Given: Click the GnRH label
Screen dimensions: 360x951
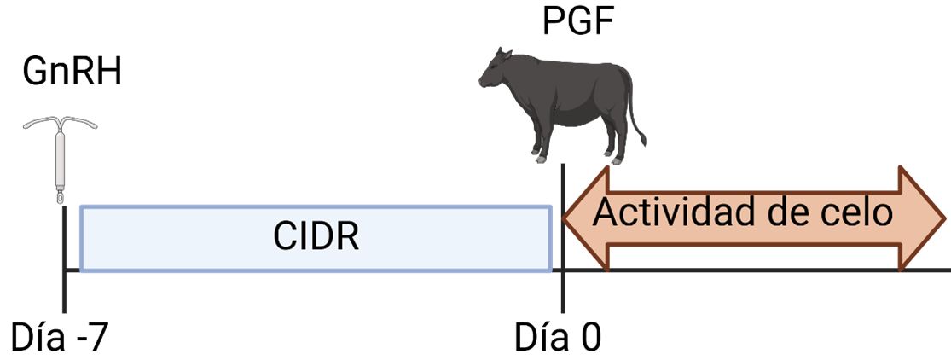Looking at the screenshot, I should point(72,72).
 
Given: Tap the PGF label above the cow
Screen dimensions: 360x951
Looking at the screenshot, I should point(577,22).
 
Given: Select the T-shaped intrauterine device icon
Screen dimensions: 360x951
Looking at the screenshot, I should point(61,159).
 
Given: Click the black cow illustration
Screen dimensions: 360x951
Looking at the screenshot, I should point(564,98).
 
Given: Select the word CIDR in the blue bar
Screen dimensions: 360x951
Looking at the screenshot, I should point(316,237).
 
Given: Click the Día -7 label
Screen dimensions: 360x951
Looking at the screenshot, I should point(61,336).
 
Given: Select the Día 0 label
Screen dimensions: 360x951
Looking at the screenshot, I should point(558,336).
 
